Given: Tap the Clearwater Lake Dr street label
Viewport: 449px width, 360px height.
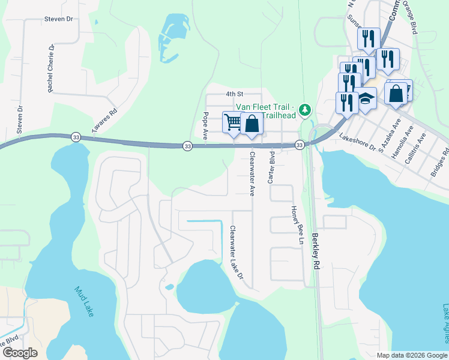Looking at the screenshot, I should [x=237, y=253].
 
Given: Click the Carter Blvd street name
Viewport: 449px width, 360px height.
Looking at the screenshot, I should [x=271, y=167].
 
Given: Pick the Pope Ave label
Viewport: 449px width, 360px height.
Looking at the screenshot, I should [x=206, y=126].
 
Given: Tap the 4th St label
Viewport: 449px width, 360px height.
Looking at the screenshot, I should [x=234, y=94].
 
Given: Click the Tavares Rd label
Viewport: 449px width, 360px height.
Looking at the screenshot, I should [x=103, y=121].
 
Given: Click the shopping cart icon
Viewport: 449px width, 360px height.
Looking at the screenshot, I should [x=233, y=122].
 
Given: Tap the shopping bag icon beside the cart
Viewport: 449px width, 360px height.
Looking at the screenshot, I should [x=253, y=124].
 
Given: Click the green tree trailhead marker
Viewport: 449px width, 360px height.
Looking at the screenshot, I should [x=306, y=109].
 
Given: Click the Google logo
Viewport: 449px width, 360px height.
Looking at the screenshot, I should [x=20, y=353].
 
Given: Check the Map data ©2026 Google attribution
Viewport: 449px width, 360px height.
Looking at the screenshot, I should [x=412, y=355].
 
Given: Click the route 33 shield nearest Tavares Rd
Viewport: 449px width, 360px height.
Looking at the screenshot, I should [x=76, y=137].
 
